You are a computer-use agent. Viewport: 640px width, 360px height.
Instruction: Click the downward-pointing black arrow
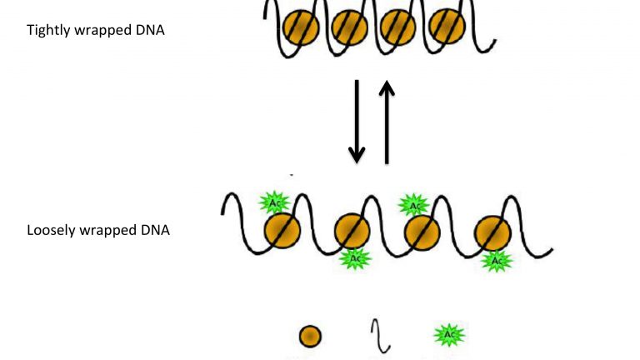tap(357, 122)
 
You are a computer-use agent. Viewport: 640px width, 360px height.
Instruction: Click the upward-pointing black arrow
tap(387, 122)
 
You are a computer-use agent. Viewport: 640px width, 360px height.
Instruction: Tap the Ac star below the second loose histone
tap(355, 258)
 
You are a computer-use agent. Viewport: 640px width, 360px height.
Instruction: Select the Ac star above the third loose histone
tap(412, 203)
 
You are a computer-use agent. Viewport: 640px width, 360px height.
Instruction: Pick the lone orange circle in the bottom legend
tap(310, 337)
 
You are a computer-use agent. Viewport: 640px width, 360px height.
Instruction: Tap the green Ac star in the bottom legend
tap(449, 336)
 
